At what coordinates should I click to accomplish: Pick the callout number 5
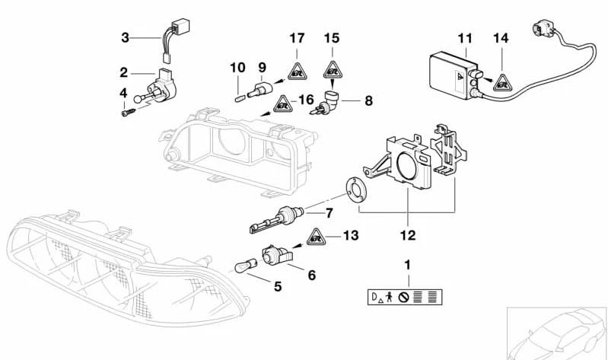tap(278, 287)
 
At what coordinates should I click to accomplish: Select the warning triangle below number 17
tap(296, 71)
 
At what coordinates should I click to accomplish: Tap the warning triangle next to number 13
tap(317, 237)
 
